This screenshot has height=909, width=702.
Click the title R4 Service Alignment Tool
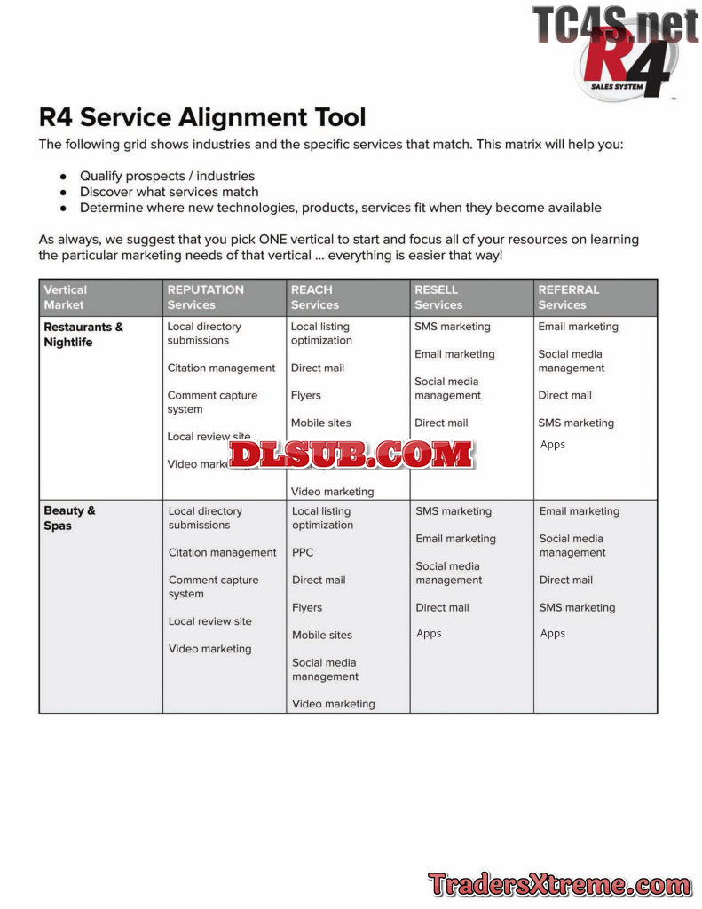coord(202,117)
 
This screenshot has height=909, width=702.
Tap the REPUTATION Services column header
coord(205,296)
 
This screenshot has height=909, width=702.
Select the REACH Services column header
coord(314,296)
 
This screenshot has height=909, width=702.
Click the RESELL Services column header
coord(438,296)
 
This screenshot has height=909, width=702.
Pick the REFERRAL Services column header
coord(568,296)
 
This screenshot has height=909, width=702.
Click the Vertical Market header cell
coord(65,296)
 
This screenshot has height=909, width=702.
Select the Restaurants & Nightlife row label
coord(83,335)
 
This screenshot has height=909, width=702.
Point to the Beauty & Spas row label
coord(69,518)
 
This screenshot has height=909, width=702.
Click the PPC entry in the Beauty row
coord(303,552)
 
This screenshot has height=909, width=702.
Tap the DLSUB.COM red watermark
coord(351,454)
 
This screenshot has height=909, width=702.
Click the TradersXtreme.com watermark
coord(559,884)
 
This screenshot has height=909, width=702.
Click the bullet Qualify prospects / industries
coord(167,176)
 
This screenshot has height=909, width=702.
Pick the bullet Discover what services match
coord(169,192)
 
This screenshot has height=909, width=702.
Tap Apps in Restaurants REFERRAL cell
coord(552,445)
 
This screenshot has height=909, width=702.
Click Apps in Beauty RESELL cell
coord(429,634)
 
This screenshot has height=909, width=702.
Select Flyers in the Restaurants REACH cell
coord(305,396)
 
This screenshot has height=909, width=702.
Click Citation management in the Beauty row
coord(222,552)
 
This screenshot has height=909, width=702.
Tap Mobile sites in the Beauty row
coord(321,636)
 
